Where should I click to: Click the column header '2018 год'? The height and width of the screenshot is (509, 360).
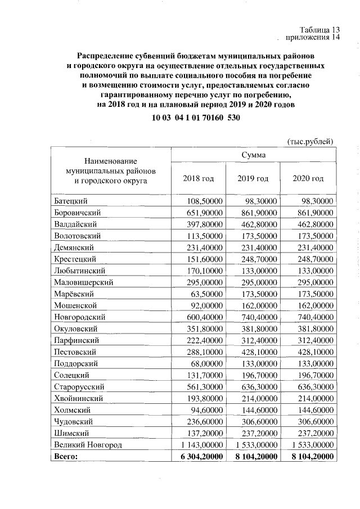(199, 178)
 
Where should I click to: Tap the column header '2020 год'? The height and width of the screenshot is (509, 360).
(308, 178)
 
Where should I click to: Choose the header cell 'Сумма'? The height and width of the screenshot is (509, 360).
(254, 154)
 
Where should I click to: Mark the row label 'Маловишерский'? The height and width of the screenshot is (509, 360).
(84, 282)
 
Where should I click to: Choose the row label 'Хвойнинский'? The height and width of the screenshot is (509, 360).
(79, 398)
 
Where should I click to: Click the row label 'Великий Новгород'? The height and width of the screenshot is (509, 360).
(88, 444)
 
